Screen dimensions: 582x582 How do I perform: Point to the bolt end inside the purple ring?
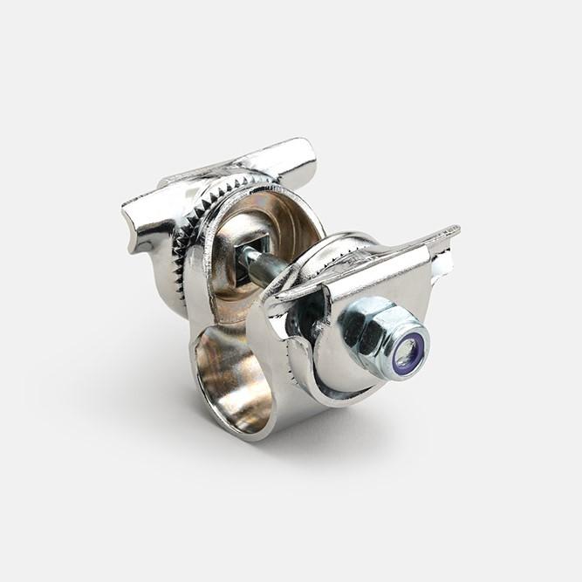(406, 353)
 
